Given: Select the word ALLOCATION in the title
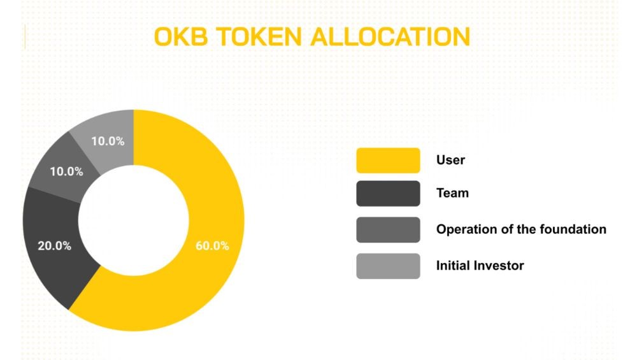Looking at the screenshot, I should pos(390,36).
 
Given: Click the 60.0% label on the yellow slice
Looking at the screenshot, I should pos(212,245).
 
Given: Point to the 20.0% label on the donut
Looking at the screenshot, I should pos(55,245).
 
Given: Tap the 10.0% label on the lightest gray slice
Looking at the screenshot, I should pos(108,141).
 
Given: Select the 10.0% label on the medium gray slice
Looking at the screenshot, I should pos(66,171).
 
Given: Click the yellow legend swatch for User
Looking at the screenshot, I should pos(388,160).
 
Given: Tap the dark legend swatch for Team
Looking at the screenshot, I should pos(388,193).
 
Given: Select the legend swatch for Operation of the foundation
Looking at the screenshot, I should pos(388,229).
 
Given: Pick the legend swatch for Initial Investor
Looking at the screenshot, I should pos(388,266).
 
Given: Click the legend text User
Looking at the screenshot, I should pos(450,160).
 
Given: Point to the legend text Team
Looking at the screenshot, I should pos(452,193).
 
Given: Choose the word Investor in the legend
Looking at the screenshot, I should pos(500,266).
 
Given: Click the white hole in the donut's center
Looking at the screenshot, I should pos(133,220).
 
